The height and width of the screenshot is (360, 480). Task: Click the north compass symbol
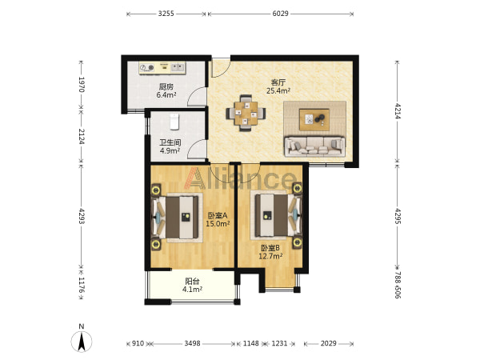(x=81, y=341)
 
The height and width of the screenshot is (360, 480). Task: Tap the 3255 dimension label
(x=166, y=14)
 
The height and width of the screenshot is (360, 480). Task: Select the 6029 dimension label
(x=281, y=14)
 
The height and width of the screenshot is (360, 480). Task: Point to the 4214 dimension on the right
(x=398, y=110)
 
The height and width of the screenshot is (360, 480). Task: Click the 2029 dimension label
(x=329, y=343)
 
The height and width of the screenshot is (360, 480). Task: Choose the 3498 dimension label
(x=192, y=343)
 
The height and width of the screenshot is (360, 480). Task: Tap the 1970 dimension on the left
(x=82, y=84)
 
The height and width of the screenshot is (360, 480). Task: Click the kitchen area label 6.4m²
(x=166, y=95)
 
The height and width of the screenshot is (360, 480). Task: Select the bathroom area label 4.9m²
(x=170, y=150)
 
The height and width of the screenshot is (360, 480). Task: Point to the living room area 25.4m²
(x=278, y=90)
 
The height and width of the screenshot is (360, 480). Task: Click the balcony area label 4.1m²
(x=192, y=289)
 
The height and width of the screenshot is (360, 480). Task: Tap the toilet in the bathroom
(x=174, y=122)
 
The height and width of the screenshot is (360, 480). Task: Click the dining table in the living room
(x=246, y=113)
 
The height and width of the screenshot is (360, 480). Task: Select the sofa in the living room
(x=314, y=146)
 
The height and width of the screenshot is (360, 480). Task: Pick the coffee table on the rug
(x=314, y=119)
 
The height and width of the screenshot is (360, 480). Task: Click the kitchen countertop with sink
(x=162, y=68)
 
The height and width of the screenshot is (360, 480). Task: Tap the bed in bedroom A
(x=176, y=218)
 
